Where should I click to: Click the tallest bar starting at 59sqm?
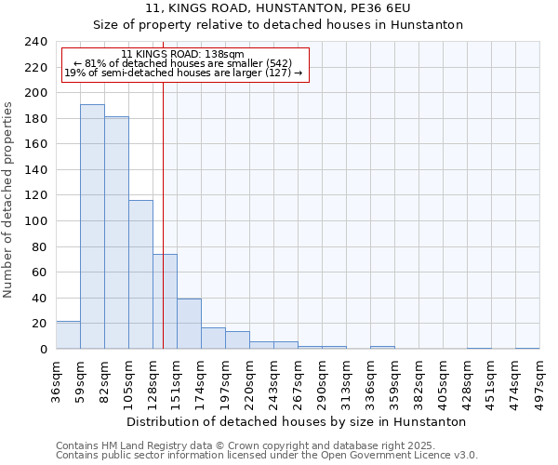pyautogui.click(x=92, y=226)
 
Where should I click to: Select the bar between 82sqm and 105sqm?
pyautogui.click(x=116, y=232)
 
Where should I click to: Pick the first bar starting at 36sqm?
pyautogui.click(x=68, y=335)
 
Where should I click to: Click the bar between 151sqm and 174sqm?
pyautogui.click(x=189, y=324)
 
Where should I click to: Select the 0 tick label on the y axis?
pyautogui.click(x=43, y=349)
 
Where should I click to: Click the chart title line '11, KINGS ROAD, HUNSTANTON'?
pyautogui.click(x=278, y=8)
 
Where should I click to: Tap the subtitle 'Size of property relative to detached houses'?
pyautogui.click(x=278, y=25)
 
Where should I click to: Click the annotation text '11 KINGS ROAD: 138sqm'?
pyautogui.click(x=182, y=55)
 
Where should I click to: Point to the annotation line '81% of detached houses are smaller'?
pyautogui.click(x=182, y=63)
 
